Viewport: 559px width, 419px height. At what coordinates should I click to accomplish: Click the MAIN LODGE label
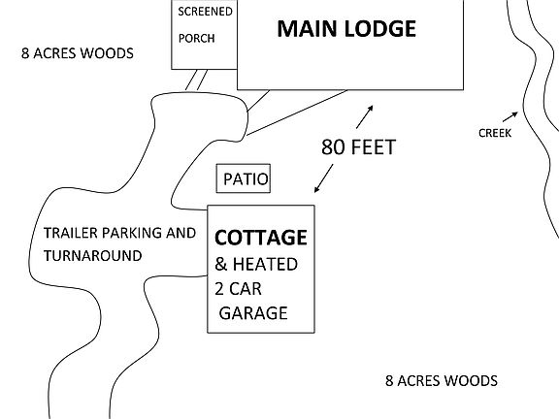coord(346,28)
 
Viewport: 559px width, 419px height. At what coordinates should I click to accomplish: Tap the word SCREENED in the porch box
coord(205,12)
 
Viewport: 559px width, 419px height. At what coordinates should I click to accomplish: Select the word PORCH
coord(196,39)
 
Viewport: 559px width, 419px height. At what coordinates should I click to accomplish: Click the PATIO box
coord(244,178)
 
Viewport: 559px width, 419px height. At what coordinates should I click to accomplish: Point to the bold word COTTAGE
coord(261,238)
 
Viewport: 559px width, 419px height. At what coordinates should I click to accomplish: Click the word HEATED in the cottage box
coord(265,265)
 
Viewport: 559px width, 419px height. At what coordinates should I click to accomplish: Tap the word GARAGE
coord(253,313)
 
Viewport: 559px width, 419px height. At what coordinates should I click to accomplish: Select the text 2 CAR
coord(238,289)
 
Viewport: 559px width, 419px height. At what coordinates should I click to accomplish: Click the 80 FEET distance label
coord(358,147)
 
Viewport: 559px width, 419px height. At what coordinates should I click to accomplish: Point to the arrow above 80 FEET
coord(364,116)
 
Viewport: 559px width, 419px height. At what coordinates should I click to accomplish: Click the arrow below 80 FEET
coord(324,178)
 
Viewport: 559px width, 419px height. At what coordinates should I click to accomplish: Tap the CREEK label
coord(495,133)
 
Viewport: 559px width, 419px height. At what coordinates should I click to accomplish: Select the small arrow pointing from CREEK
coord(510,116)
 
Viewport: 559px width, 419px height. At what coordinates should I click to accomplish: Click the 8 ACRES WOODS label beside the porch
coord(78,53)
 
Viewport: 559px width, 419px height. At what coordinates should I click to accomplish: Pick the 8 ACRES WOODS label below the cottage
coord(442,381)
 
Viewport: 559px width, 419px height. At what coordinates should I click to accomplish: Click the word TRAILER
coord(71,233)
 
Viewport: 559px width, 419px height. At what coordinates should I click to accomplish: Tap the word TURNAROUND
coord(93,256)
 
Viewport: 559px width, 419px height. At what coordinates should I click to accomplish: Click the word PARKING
coord(132,233)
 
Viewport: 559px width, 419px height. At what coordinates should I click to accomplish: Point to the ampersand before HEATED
coord(221,265)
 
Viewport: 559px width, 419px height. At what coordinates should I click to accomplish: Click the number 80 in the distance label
coord(333,147)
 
